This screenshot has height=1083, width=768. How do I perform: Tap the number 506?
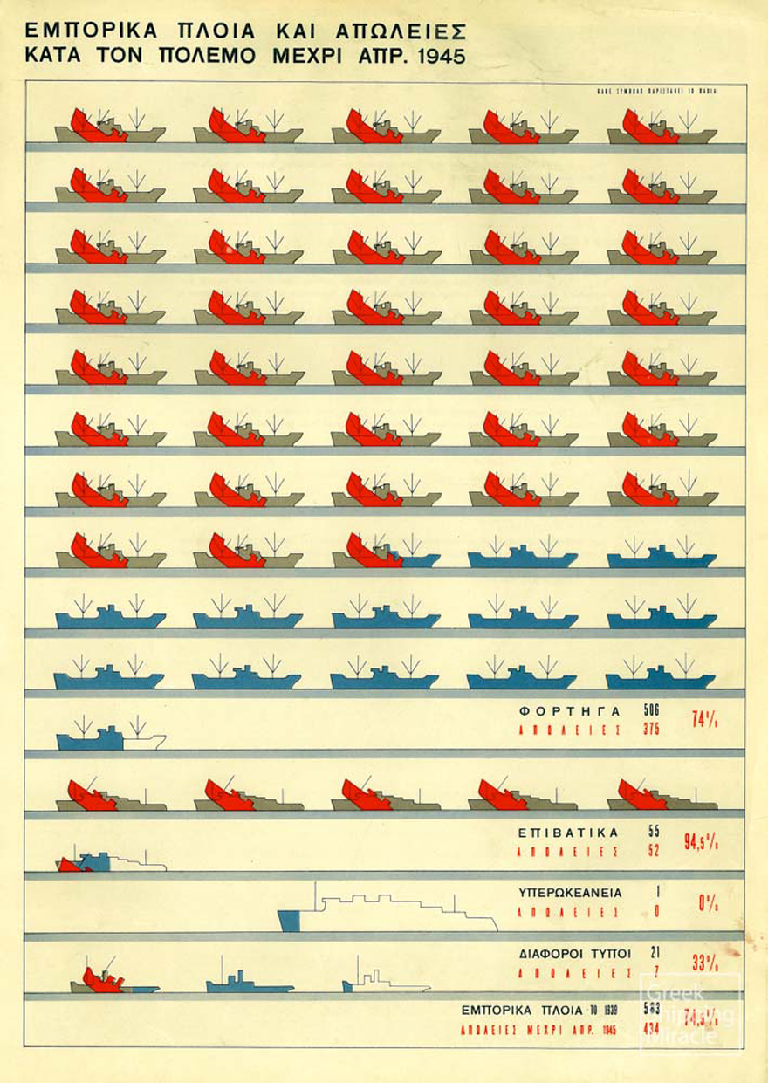(x=652, y=710)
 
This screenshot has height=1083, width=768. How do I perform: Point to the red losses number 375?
(x=652, y=730)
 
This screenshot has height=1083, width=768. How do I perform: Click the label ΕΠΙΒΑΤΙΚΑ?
(x=568, y=833)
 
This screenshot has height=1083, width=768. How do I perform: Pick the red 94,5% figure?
(x=701, y=841)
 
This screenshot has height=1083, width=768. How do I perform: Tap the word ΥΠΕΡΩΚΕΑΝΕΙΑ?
(x=570, y=893)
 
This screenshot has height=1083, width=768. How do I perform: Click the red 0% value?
(x=708, y=903)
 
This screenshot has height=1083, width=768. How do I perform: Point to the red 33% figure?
(x=704, y=963)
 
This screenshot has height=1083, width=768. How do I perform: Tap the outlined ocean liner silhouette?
(x=388, y=909)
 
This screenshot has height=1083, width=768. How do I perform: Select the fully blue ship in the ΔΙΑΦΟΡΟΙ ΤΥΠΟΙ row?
(x=248, y=984)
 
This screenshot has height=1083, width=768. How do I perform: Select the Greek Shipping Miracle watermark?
(x=690, y=1015)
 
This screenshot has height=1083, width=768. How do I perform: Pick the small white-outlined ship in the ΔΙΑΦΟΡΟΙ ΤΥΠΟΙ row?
(x=384, y=982)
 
